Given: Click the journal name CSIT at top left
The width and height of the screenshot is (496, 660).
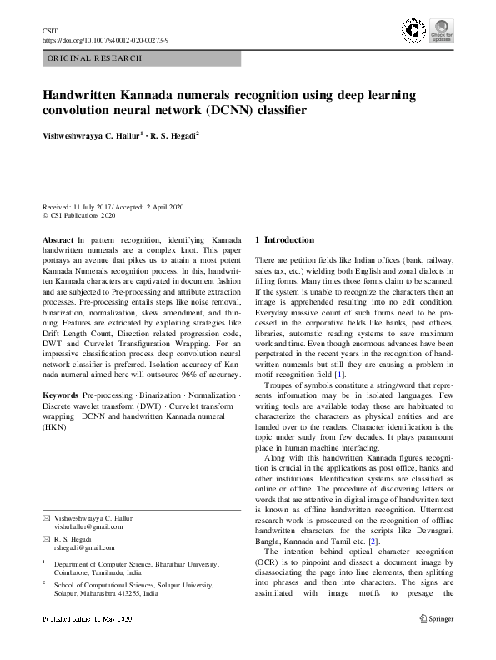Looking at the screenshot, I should pos(48,30).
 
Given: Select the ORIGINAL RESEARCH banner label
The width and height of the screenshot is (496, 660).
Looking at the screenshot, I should pos(94,58).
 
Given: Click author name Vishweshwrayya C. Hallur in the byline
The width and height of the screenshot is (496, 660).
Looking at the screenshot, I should pos(93,134).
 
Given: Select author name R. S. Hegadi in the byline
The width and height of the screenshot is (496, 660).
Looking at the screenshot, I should pos(173,134).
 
